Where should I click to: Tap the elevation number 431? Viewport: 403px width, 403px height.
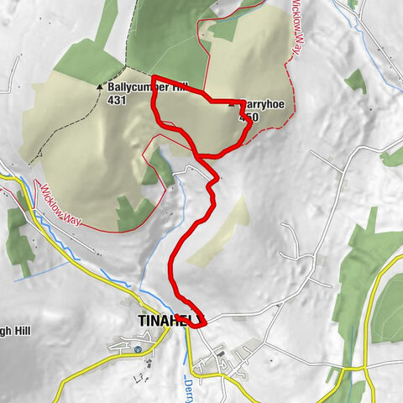coord(117,100)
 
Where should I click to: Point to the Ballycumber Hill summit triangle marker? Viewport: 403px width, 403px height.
coord(100,86)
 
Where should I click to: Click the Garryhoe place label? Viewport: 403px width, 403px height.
coord(256,106)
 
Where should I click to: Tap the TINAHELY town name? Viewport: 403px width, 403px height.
coord(167,320)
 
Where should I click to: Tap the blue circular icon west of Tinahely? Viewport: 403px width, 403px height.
coord(138,348)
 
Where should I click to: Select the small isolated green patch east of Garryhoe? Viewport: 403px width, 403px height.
coord(355,81)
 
